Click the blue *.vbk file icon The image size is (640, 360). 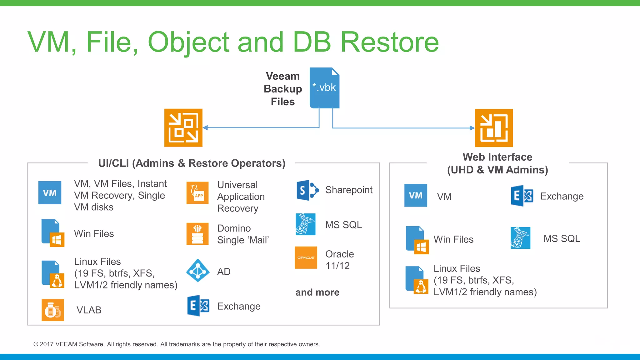click(324, 88)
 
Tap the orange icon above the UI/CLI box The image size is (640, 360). click(183, 127)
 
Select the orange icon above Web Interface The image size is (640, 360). click(494, 128)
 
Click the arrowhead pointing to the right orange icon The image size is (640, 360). click(472, 128)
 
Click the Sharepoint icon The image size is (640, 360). click(307, 190)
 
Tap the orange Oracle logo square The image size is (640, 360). click(306, 257)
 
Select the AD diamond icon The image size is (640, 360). click(198, 271)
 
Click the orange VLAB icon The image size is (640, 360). click(53, 310)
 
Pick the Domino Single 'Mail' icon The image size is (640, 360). click(197, 234)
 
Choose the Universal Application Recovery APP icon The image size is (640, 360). click(197, 193)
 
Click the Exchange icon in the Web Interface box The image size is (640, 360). click(522, 196)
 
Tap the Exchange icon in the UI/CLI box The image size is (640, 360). click(198, 306)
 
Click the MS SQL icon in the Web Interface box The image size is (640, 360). click(520, 238)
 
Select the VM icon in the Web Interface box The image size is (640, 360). click(416, 195)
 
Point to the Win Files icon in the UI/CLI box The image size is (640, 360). click(52, 233)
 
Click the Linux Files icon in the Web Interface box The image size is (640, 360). click(417, 280)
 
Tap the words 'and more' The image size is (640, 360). click(317, 292)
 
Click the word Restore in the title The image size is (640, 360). click(389, 42)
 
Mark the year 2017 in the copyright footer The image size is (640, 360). click(47, 344)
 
